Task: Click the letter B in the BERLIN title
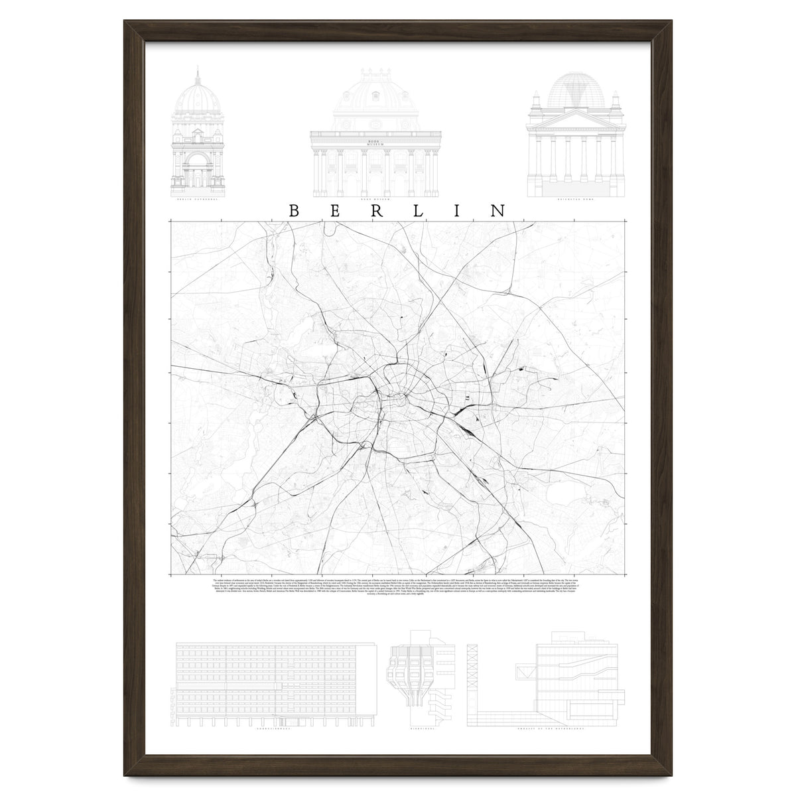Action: click(294, 210)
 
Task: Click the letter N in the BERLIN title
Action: click(497, 210)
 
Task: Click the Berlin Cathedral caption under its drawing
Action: click(198, 198)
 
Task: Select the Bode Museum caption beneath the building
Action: click(375, 198)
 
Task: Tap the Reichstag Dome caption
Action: click(576, 198)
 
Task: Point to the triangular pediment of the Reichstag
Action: click(575, 117)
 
